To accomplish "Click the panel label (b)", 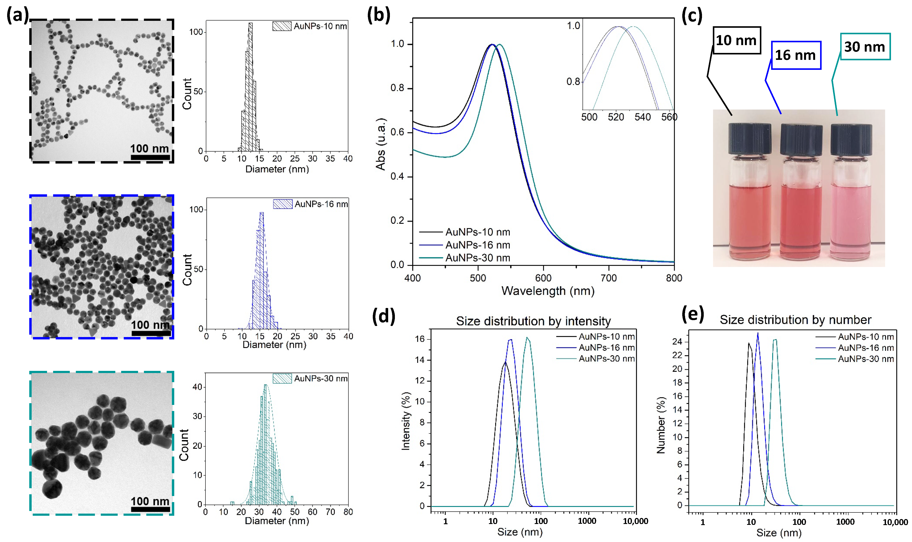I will pyautogui.click(x=378, y=15).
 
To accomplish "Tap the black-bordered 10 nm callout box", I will pyautogui.click(x=736, y=40).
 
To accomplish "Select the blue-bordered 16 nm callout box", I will pyautogui.click(x=796, y=55).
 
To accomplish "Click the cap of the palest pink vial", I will pyautogui.click(x=851, y=139).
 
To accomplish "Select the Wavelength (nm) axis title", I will pyautogui.click(x=547, y=291).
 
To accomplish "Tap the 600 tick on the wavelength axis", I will pyautogui.click(x=543, y=278).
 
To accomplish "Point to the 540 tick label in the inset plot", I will pyautogui.click(x=642, y=117).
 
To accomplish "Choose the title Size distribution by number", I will pyautogui.click(x=795, y=320).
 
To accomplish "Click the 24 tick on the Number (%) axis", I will pyautogui.click(x=677, y=342).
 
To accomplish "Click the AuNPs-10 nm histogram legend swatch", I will pyautogui.click(x=282, y=26).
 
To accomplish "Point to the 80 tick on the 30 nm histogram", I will pyautogui.click(x=348, y=512).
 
